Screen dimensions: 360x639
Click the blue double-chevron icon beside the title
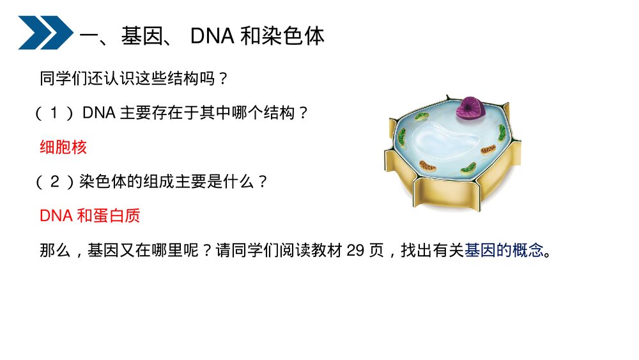click(x=45, y=33)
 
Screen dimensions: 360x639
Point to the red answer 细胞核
click(x=63, y=148)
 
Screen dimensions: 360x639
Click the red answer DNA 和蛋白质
click(x=89, y=215)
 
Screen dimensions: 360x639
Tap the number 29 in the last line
click(x=355, y=250)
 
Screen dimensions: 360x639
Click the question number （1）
click(x=55, y=114)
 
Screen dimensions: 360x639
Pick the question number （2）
click(x=55, y=182)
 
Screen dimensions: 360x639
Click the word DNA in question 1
click(x=98, y=114)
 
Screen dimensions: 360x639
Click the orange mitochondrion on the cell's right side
click(x=488, y=150)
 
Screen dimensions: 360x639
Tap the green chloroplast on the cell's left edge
click(x=401, y=136)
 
